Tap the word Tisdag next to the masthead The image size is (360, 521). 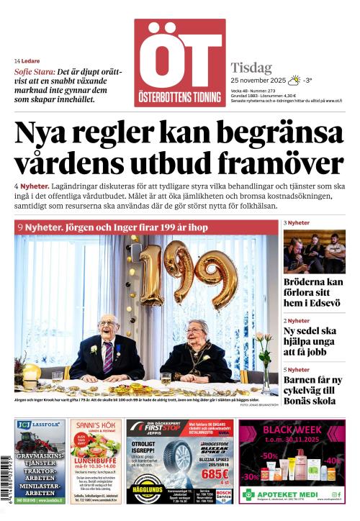tap(251, 68)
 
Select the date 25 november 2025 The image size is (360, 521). tap(258, 80)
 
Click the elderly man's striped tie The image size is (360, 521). tap(108, 358)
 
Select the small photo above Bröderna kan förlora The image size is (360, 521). tap(313, 251)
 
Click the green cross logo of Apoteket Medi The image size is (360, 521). tap(248, 495)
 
